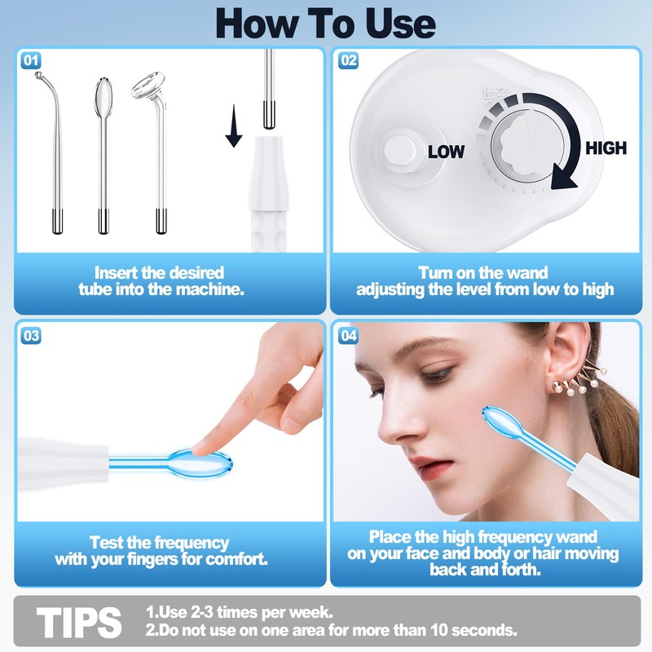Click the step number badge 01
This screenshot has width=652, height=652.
[31, 60]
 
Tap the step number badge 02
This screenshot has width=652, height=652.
[349, 60]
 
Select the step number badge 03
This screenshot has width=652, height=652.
[31, 336]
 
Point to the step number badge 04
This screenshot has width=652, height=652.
[349, 336]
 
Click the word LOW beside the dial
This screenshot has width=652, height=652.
[446, 152]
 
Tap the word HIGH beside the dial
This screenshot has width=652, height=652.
[606, 148]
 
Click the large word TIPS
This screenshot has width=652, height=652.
[79, 622]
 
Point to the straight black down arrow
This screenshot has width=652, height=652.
[234, 126]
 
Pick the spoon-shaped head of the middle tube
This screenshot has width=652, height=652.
[103, 97]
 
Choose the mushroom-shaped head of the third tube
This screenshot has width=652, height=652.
[148, 86]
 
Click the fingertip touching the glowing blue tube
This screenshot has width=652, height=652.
[202, 448]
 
